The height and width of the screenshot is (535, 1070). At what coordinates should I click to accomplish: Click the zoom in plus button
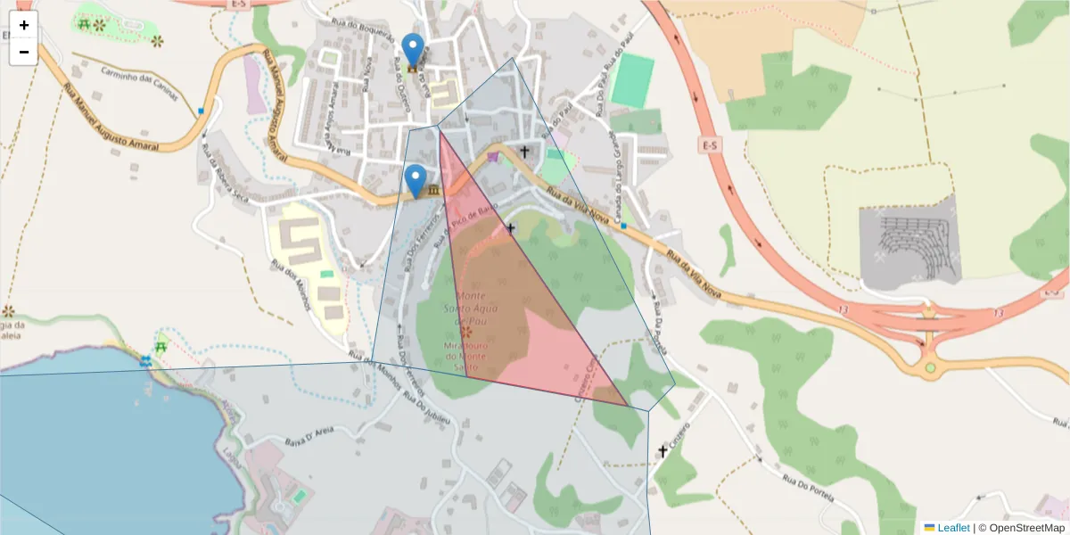click(23, 25)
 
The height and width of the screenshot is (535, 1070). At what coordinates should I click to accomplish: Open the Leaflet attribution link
click(953, 528)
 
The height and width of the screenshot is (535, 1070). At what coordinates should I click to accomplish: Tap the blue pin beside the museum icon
click(416, 179)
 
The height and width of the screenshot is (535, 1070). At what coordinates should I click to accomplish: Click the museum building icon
click(433, 191)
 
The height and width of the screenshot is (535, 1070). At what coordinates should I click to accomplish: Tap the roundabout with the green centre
click(930, 367)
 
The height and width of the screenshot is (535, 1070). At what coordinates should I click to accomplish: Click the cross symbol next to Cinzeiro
click(663, 451)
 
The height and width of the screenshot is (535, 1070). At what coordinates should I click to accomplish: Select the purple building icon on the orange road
click(493, 157)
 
